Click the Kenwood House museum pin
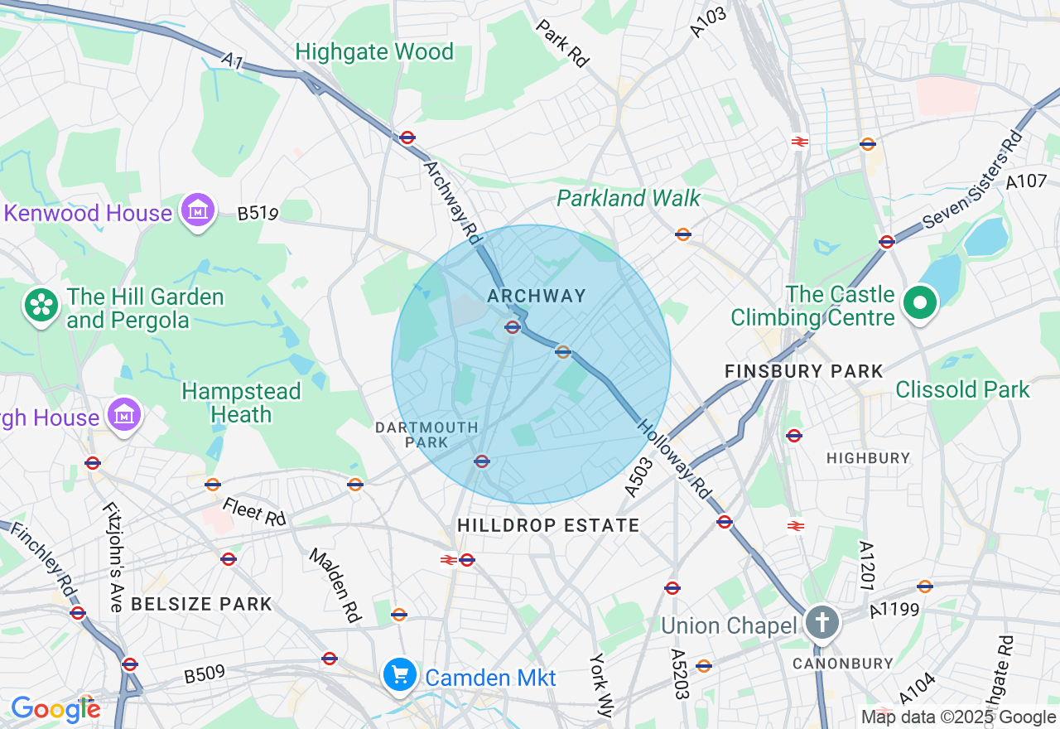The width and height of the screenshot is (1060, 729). tap(199, 211)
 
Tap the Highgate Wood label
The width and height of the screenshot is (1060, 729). tap(374, 52)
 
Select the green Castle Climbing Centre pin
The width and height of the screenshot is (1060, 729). tap(919, 303)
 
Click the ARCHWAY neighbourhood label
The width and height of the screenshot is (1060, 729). tap(536, 296)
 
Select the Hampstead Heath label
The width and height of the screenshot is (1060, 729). tap(241, 403)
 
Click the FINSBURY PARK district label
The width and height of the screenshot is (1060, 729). tap(803, 372)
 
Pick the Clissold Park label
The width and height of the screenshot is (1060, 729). tap(962, 389)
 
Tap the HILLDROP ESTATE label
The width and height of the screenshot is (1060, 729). tap(548, 525)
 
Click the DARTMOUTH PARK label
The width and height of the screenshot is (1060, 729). tap(426, 435)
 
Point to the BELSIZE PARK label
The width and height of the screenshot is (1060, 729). tap(201, 604)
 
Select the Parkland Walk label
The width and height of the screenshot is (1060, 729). tap(628, 199)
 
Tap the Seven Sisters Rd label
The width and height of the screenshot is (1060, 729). tap(972, 179)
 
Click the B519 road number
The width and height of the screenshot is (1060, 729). tap(258, 214)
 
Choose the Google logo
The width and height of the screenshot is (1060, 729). tap(55, 708)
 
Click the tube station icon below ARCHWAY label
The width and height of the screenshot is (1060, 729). tap(513, 327)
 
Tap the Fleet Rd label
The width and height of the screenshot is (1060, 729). tap(253, 512)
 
